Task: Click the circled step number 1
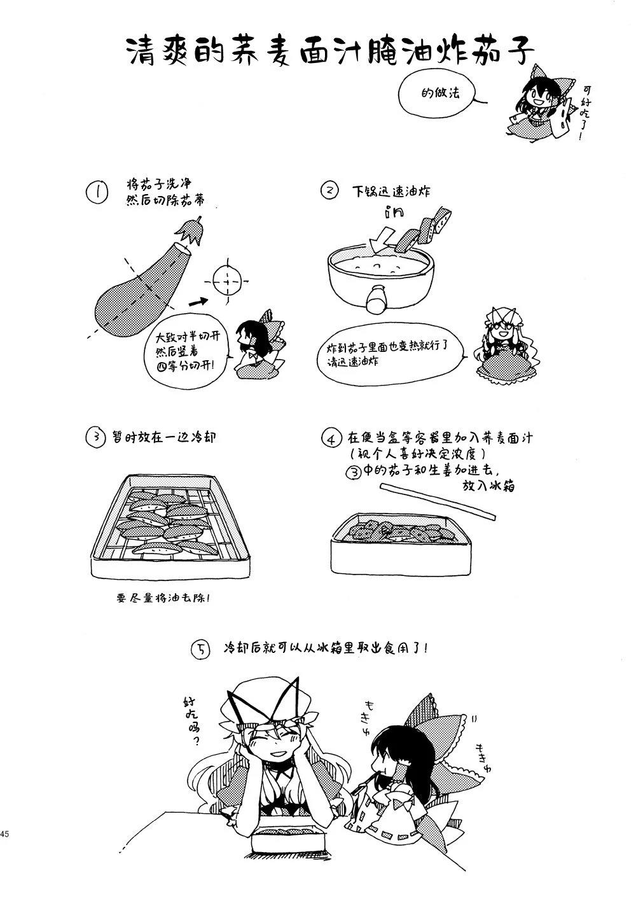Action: pyautogui.click(x=97, y=192)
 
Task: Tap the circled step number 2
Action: pyautogui.click(x=329, y=191)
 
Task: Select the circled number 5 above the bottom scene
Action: pyautogui.click(x=201, y=650)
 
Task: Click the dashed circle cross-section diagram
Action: pyautogui.click(x=226, y=281)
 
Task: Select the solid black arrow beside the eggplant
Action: pyautogui.click(x=198, y=302)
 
